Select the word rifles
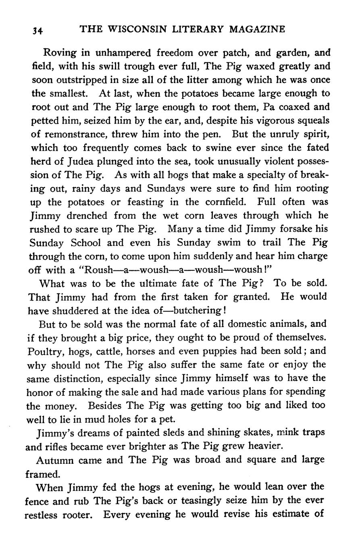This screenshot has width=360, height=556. pyautogui.click(x=54, y=447)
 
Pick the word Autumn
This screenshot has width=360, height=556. pyautogui.click(x=52, y=460)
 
